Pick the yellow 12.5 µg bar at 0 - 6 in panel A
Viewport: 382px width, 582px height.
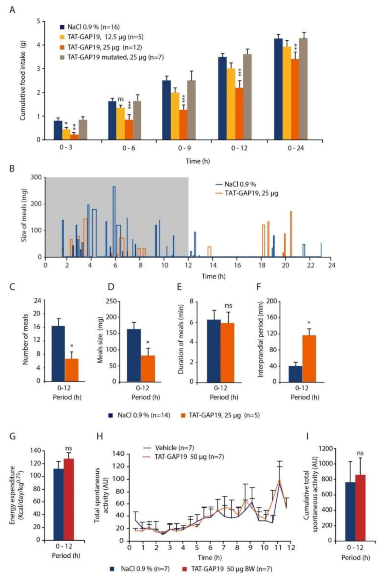click(x=120, y=124)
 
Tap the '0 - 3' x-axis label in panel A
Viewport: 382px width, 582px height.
click(x=66, y=148)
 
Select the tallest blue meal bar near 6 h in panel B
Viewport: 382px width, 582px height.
click(x=114, y=221)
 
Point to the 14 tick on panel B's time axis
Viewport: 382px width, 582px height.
click(x=213, y=265)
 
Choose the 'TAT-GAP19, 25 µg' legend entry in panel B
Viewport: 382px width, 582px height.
click(x=251, y=193)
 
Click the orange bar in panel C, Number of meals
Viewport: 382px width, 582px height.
click(x=72, y=370)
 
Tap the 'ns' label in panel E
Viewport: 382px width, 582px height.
click(x=228, y=306)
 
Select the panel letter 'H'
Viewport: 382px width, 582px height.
click(x=100, y=436)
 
